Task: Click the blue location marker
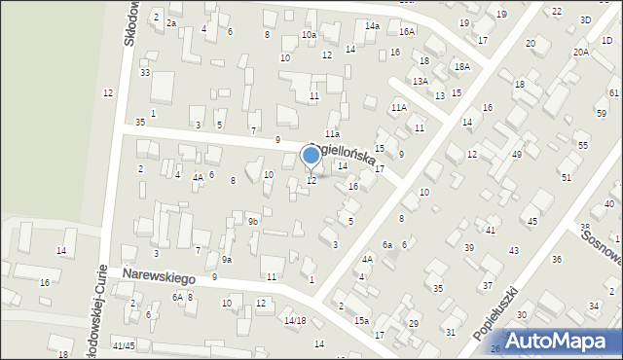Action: point(311,155)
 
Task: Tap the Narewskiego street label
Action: point(159,277)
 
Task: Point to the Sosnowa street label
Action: point(601,246)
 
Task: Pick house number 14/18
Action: point(295,320)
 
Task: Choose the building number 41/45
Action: point(124,345)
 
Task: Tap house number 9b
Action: point(252,222)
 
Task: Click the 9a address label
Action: point(226,259)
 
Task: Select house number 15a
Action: point(361,320)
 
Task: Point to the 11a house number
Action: point(332,133)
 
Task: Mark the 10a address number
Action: point(309,35)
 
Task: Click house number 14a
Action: point(372,25)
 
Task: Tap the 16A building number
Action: point(407,31)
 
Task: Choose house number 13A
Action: point(420,82)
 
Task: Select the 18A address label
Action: point(461,66)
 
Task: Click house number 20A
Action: point(580,52)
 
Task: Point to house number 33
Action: point(145,73)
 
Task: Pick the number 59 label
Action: point(601,113)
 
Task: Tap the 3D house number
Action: point(585,19)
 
